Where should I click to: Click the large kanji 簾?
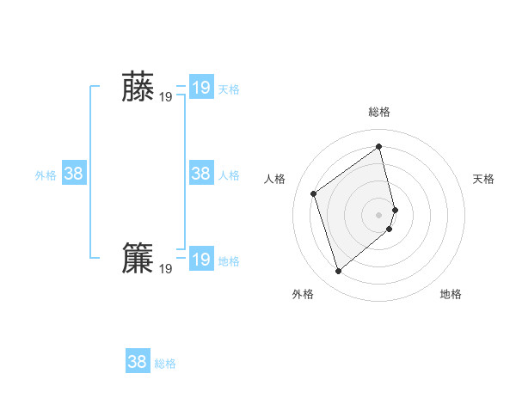pos(138,259)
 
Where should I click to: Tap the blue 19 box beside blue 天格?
pos(201,87)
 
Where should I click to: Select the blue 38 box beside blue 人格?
pos(201,174)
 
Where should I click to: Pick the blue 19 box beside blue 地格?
pos(201,260)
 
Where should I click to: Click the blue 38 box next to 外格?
pos(74,174)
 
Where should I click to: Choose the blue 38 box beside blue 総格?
pos(138,361)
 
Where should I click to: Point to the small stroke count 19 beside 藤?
pos(166,97)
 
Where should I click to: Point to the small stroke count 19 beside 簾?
pos(166,269)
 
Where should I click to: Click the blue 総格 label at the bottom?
pos(165,364)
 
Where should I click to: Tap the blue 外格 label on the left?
pos(46,175)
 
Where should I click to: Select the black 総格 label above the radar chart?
pos(379,113)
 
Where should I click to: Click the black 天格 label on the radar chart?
pos(483,179)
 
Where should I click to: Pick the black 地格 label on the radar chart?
pos(451,294)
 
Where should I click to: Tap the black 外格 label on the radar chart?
pos(303,294)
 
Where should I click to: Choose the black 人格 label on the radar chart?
pos(275,179)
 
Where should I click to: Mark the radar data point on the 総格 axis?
pos(379,146)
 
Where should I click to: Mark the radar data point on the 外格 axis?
pos(339,272)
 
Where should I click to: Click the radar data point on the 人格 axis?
pos(314,193)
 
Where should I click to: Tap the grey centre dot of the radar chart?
pos(379,214)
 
